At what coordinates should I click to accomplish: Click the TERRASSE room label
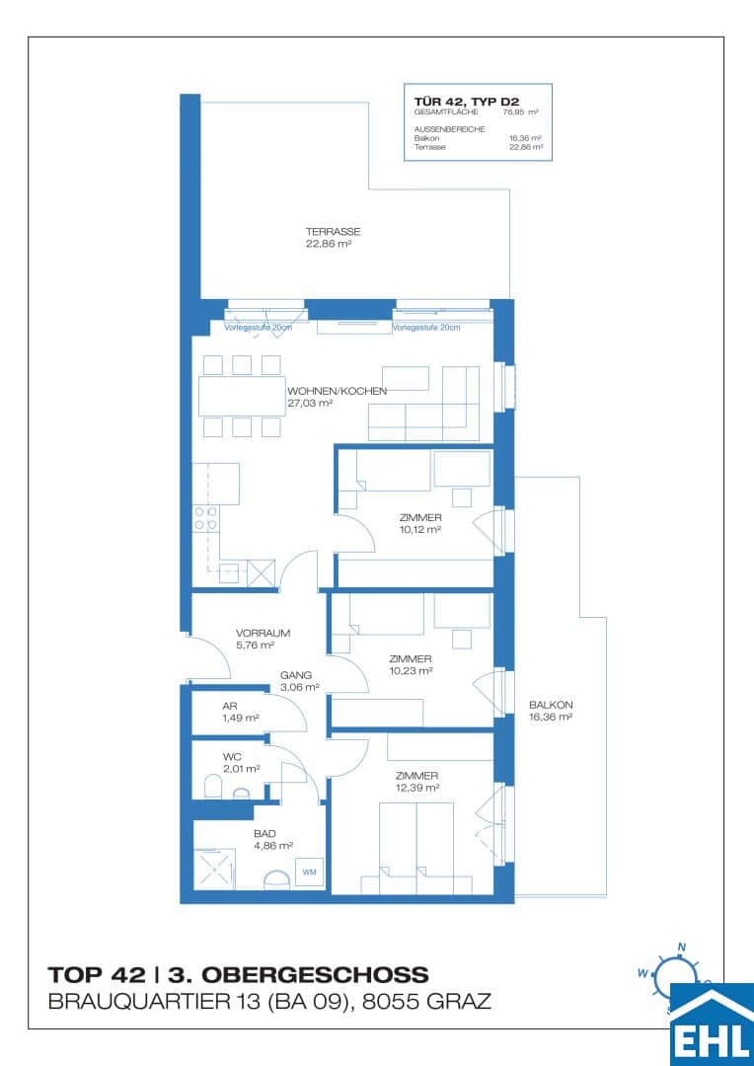[x=334, y=231]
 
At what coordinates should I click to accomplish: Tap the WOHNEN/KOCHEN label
[x=338, y=391]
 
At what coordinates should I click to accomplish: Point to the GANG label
[x=296, y=676]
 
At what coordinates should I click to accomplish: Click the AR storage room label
[x=230, y=707]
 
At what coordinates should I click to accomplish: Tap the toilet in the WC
[x=212, y=787]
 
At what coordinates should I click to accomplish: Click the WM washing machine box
[x=309, y=871]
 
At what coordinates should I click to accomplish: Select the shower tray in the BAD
[x=215, y=868]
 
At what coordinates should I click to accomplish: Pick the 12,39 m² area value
[x=418, y=788]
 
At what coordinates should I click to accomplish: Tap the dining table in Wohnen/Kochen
[x=242, y=396]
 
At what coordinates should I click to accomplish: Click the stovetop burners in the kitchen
[x=205, y=518]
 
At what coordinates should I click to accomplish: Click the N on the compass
[x=681, y=947]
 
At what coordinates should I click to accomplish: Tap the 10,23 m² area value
[x=412, y=671]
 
